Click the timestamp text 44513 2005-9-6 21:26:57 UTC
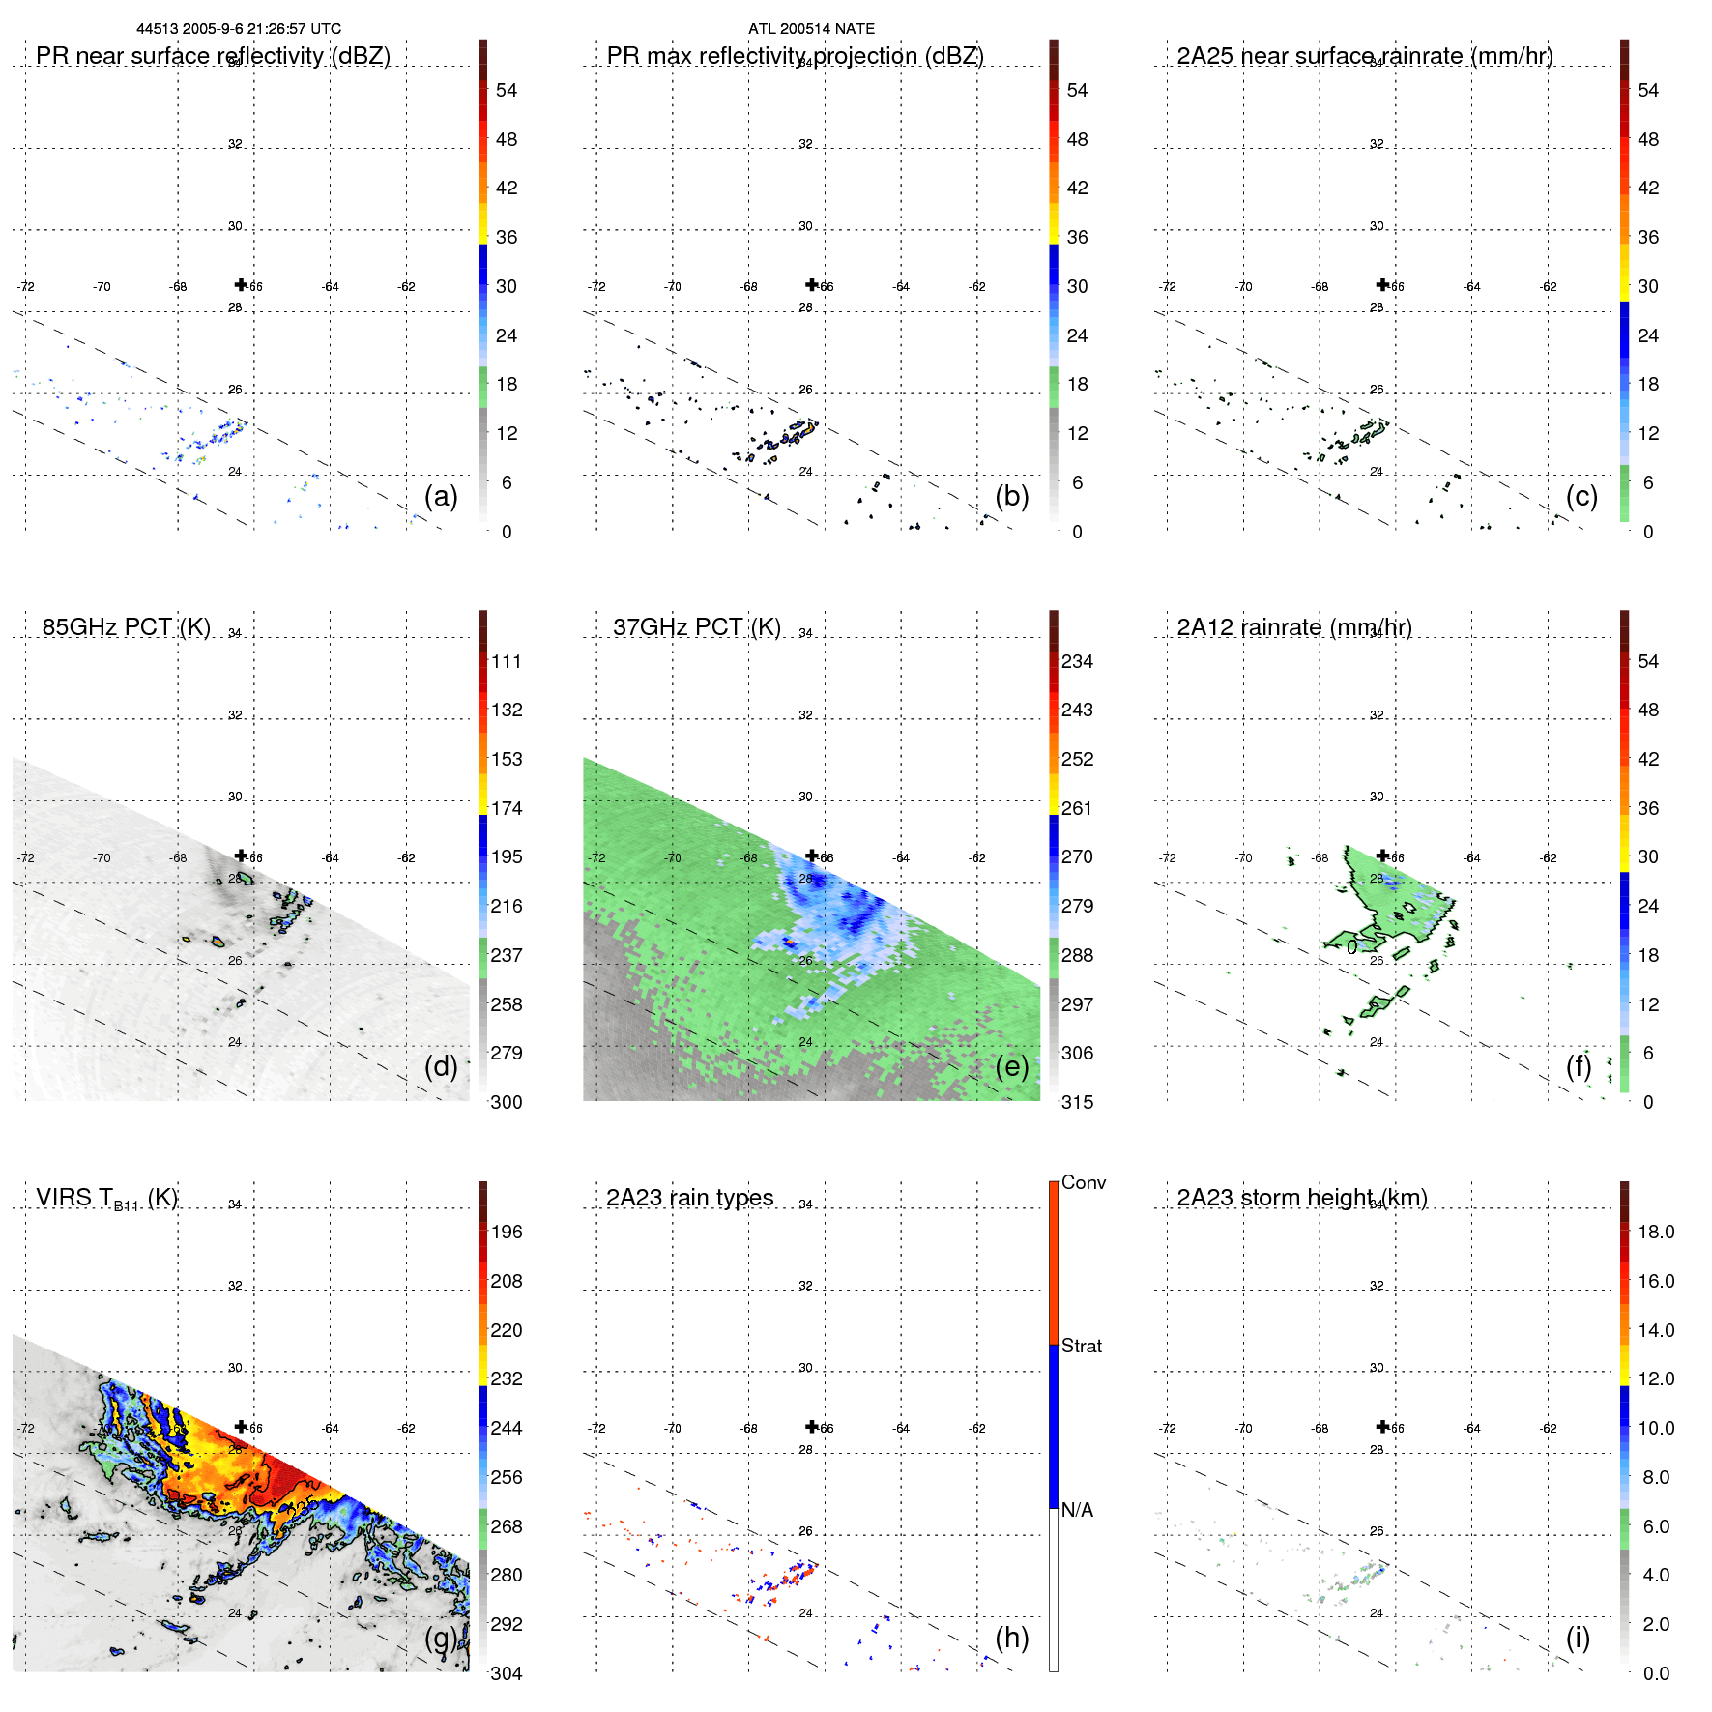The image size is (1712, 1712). pos(239,29)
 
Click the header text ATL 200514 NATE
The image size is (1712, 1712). pos(811,29)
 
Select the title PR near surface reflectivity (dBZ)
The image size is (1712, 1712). pos(213,56)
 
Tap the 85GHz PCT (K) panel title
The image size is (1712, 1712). pos(126,627)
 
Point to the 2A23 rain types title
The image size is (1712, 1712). pos(689,1198)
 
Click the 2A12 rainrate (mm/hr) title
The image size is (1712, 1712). pos(1294,627)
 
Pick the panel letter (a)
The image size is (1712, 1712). pos(441,497)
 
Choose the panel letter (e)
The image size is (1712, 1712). pos(1012,1067)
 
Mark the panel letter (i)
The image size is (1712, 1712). pos(1578,1638)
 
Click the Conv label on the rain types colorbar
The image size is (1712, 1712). pos(1084,1182)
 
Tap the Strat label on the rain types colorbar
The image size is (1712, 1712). pos(1082,1346)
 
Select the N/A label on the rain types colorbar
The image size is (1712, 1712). pos(1077,1510)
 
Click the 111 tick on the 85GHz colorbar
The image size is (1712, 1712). pos(507,661)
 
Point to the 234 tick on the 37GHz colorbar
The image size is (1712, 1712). pos(1077,661)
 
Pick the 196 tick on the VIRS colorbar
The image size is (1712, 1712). pos(507,1232)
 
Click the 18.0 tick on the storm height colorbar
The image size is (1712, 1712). pos(1656,1232)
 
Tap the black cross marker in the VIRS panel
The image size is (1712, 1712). pos(241,1427)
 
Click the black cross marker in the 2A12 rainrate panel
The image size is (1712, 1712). pos(1382,856)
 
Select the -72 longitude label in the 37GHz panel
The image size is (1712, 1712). pos(596,857)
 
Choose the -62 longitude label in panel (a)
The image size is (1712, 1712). pos(407,287)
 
